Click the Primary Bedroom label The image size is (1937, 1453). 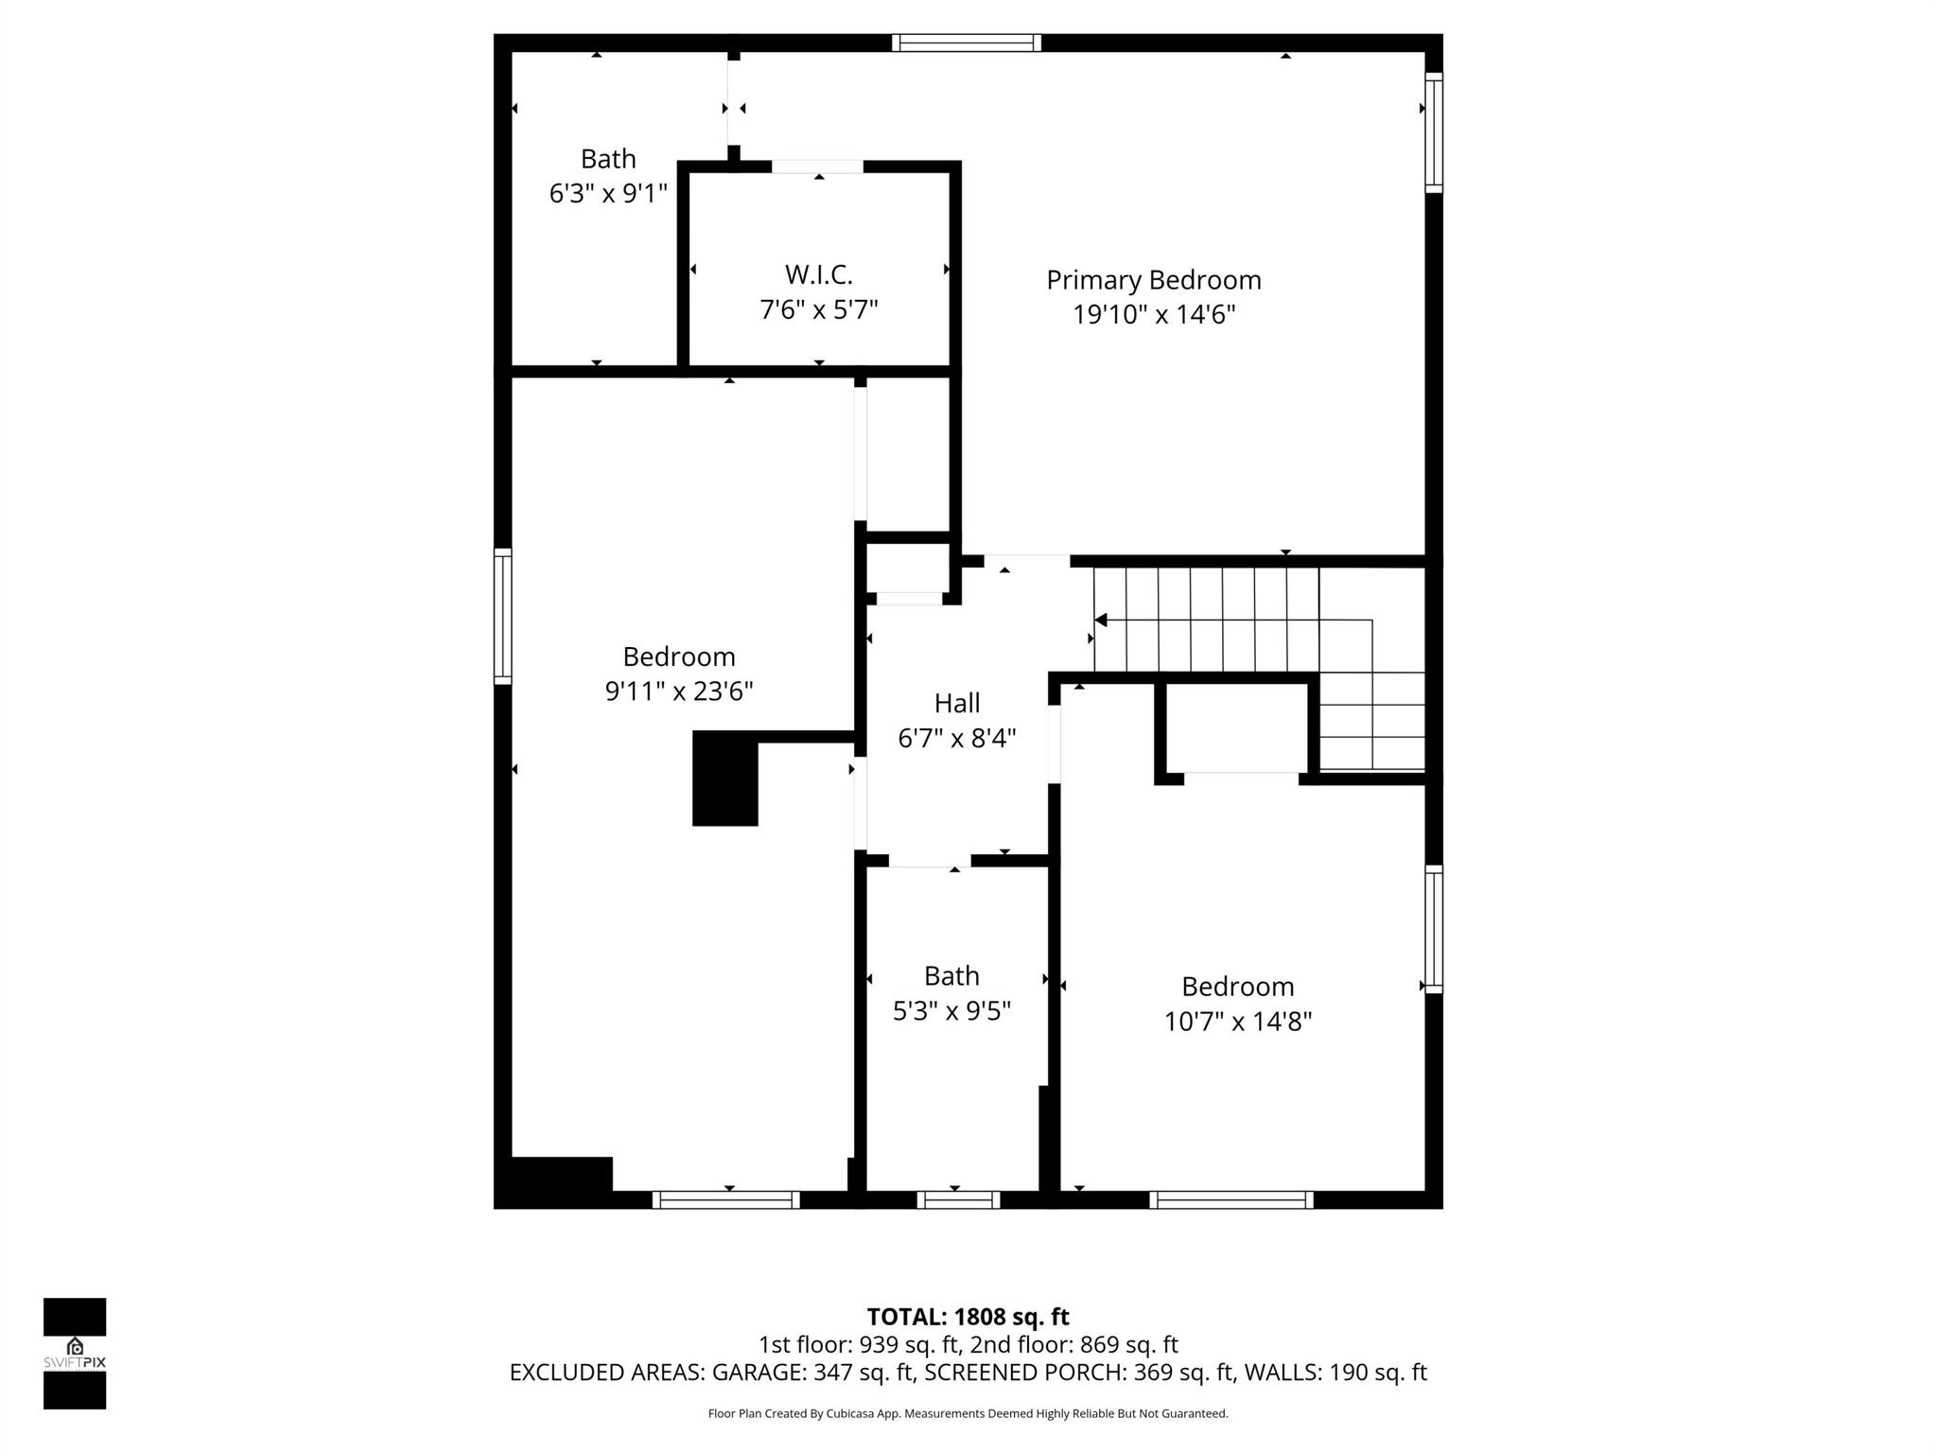pos(1153,280)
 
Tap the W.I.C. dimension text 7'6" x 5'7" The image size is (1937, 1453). pos(819,310)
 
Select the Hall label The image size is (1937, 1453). pos(956,703)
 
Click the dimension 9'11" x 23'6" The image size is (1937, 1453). pos(678,691)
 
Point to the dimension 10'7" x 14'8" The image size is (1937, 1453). pos(1237,1022)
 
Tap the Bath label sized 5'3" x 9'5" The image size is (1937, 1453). pos(951,975)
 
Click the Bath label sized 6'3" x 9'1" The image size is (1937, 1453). pos(608,159)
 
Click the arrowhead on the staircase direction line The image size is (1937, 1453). pos(1100,621)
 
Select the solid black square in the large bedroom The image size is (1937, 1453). pos(725,779)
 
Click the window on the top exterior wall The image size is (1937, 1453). pos(966,43)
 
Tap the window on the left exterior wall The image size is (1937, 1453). pos(503,617)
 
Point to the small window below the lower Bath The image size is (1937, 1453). pos(958,1199)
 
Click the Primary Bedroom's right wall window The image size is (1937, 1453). pos(1434,132)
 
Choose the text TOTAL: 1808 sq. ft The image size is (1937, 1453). pos(968,1317)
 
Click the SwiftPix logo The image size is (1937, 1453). pos(75,1354)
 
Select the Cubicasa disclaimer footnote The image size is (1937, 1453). pos(968,1413)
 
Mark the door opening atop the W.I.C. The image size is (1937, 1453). pos(817,166)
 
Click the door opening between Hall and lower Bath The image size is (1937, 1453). pos(929,861)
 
